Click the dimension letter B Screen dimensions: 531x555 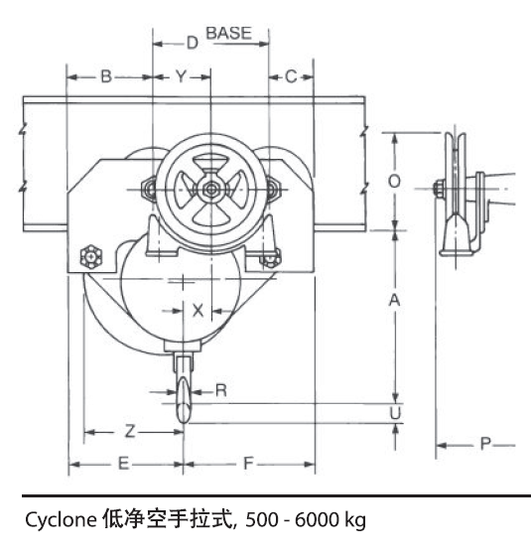[x=106, y=76]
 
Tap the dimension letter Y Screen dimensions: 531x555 [x=181, y=76]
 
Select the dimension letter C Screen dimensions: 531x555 [x=291, y=76]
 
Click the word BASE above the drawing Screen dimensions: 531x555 [x=229, y=34]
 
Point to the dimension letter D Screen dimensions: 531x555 [x=193, y=43]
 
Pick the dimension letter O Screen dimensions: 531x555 [x=394, y=182]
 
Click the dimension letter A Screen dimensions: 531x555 [x=394, y=300]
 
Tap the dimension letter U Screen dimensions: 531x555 [x=395, y=413]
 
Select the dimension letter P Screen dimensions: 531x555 [x=485, y=443]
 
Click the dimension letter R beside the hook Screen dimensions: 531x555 [x=221, y=390]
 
